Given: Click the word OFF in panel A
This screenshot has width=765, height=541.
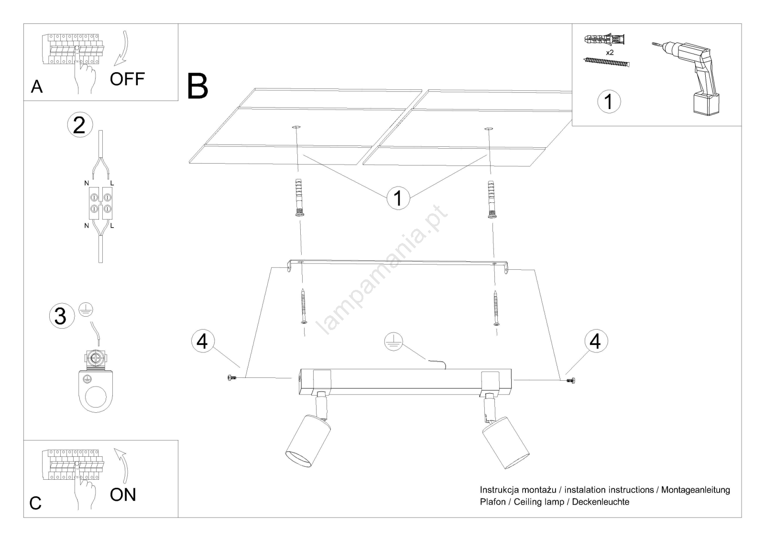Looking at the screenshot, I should coord(127,79).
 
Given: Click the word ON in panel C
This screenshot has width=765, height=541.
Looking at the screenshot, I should coord(123,495).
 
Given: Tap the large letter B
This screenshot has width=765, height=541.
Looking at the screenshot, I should coord(197,86).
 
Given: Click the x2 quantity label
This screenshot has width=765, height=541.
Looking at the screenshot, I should coord(610,53).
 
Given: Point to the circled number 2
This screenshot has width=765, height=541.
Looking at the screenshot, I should coord(79,124).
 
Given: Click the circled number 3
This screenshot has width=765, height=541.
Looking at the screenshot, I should coord(61,316).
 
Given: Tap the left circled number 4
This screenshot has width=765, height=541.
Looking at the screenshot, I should coord(203,342).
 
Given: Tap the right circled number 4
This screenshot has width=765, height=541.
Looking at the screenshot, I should coord(595,342).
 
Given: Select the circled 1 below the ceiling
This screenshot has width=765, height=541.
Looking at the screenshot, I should coord(398,198).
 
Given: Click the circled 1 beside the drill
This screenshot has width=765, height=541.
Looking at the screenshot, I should coord(609,102).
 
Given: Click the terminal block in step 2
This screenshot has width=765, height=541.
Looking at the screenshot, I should coord(99,203).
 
